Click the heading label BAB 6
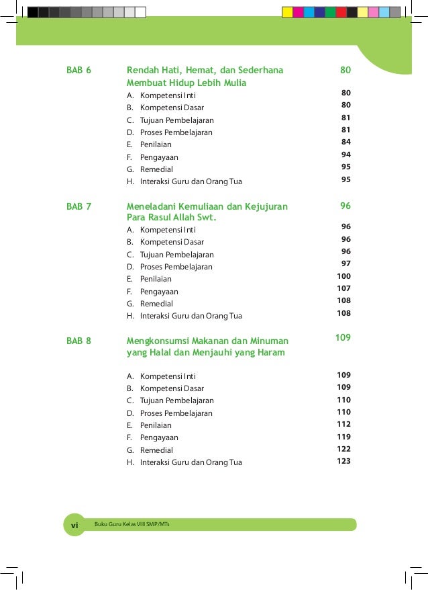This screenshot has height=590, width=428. click(78, 71)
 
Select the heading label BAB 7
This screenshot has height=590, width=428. click(78, 206)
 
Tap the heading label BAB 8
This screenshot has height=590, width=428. click(78, 341)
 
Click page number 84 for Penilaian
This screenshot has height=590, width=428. click(345, 142)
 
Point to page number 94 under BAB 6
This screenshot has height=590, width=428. click(345, 155)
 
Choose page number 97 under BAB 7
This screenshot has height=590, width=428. click(345, 263)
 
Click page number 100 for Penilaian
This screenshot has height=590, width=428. click(343, 276)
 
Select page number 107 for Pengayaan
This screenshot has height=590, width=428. click(343, 288)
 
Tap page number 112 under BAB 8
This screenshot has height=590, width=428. click(343, 424)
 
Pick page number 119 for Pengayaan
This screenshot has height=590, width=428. click(343, 436)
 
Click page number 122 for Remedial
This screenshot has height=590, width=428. click(343, 448)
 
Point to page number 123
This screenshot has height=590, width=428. click(343, 461)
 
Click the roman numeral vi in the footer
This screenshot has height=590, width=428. click(74, 524)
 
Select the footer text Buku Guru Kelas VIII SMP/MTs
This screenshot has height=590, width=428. click(132, 524)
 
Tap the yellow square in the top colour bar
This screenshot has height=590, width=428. click(287, 12)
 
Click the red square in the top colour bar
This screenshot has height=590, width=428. click(341, 12)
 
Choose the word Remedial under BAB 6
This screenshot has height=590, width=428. click(156, 169)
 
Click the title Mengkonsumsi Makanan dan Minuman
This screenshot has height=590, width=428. click(207, 341)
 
